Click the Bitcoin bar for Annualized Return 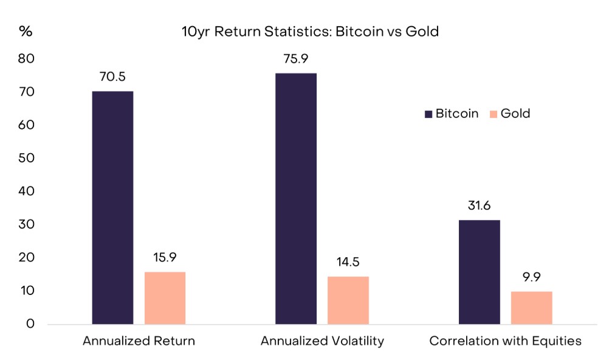click(x=112, y=207)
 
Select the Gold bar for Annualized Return click(x=165, y=298)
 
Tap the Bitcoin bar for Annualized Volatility click(x=296, y=198)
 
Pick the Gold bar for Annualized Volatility click(x=348, y=300)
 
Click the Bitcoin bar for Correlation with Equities click(x=480, y=272)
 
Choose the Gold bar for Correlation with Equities click(x=532, y=308)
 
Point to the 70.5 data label click(x=112, y=78)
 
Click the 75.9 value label click(x=296, y=60)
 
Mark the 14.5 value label click(x=348, y=263)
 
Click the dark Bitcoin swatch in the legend click(x=428, y=114)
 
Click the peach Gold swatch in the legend click(x=493, y=114)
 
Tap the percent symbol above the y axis click(x=26, y=32)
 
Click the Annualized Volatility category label click(x=322, y=341)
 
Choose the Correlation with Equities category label click(x=505, y=341)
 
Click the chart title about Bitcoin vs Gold click(x=310, y=32)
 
